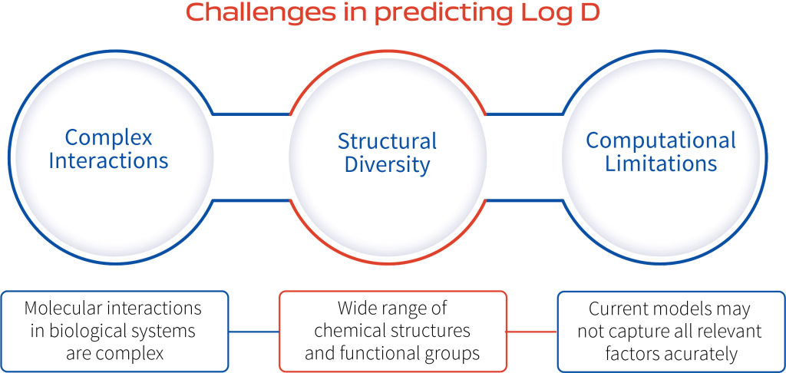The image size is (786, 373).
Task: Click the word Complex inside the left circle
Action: (108, 137)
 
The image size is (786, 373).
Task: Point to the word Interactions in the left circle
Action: (108, 161)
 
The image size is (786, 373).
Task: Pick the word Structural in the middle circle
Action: (387, 141)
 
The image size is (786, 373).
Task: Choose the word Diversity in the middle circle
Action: (387, 165)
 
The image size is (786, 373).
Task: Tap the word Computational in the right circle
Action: (661, 141)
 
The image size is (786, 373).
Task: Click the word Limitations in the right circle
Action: (661, 164)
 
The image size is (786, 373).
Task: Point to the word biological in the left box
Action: (74, 332)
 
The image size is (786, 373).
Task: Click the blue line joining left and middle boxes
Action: (253, 332)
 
